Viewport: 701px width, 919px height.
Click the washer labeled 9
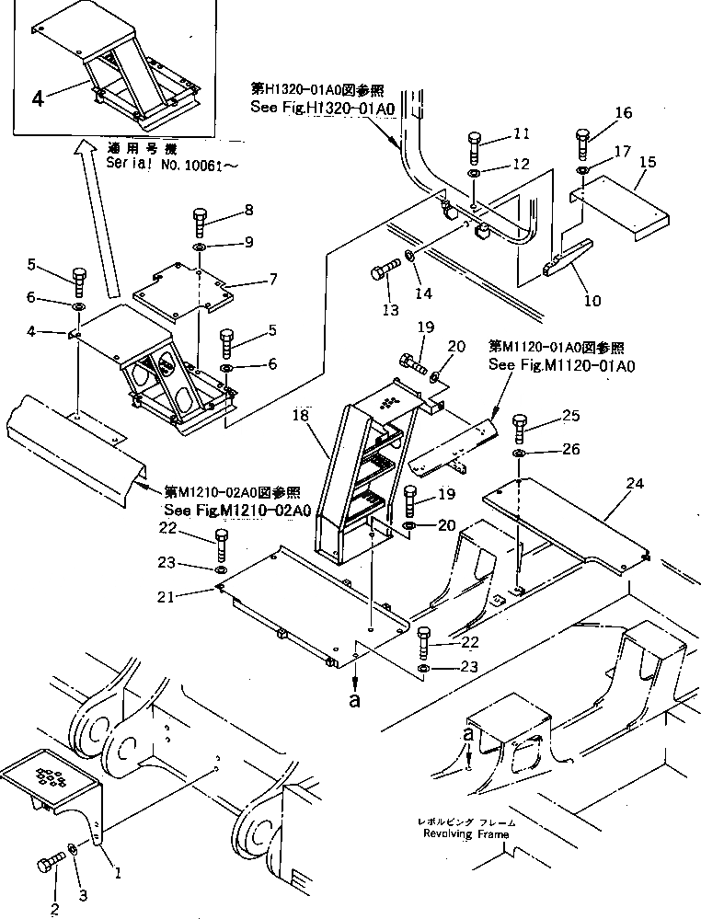click(x=200, y=248)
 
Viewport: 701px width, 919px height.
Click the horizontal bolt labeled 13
click(x=383, y=273)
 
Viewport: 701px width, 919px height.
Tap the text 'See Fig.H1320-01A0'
click(x=322, y=108)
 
